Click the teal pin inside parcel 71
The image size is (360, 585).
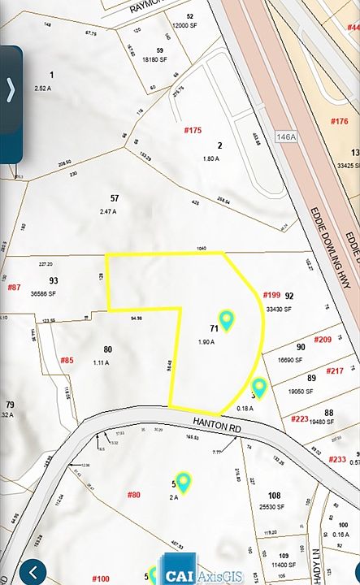pyautogui.click(x=227, y=320)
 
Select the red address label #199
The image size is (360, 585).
pyautogui.click(x=271, y=295)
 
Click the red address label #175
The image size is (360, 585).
pyautogui.click(x=193, y=130)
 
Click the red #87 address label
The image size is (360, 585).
pyautogui.click(x=14, y=287)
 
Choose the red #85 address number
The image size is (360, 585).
pyautogui.click(x=67, y=360)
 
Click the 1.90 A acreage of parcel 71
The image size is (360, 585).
pyautogui.click(x=206, y=342)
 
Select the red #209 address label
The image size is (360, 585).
pyautogui.click(x=323, y=339)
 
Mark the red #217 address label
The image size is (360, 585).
pyautogui.click(x=334, y=370)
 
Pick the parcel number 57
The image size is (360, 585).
pyautogui.click(x=115, y=198)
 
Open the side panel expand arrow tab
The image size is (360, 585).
pyautogui.click(x=11, y=90)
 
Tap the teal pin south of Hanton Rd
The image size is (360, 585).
pyautogui.click(x=184, y=483)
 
